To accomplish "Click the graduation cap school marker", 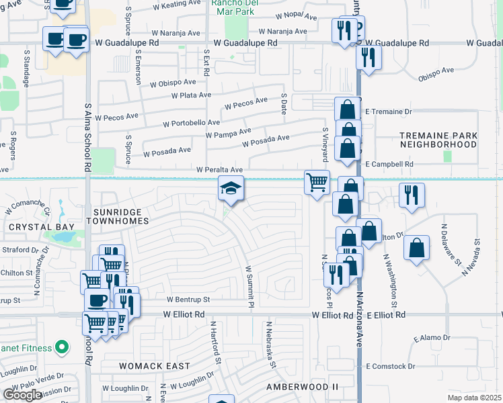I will coord(231,189).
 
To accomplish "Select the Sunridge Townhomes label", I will coord(117,215).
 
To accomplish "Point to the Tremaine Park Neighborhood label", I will coord(438,140).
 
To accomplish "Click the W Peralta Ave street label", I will coord(219,170).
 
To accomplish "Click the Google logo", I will coord(22,395).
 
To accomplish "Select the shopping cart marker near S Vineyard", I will coord(317,181).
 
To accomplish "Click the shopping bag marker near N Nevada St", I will coord(417,247).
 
